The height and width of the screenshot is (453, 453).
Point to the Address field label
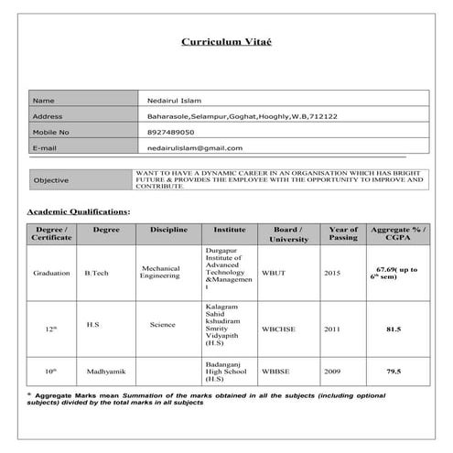coord(48,116)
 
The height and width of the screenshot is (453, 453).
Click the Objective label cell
coord(51,180)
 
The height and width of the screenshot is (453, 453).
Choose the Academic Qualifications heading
coord(79,212)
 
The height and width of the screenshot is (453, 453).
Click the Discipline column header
coord(167,230)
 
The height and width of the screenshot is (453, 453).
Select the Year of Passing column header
coord(343,233)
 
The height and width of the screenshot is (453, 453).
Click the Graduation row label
coord(52,274)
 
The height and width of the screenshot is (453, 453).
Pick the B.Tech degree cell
coord(96,274)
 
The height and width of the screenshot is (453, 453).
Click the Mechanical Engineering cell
coord(167,273)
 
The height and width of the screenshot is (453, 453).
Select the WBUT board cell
coord(274,273)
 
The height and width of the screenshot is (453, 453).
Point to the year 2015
coord(331,273)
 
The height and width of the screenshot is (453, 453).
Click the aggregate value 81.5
coord(394,327)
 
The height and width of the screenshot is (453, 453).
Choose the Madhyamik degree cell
coord(105,372)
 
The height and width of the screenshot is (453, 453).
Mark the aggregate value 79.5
coord(394,372)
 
